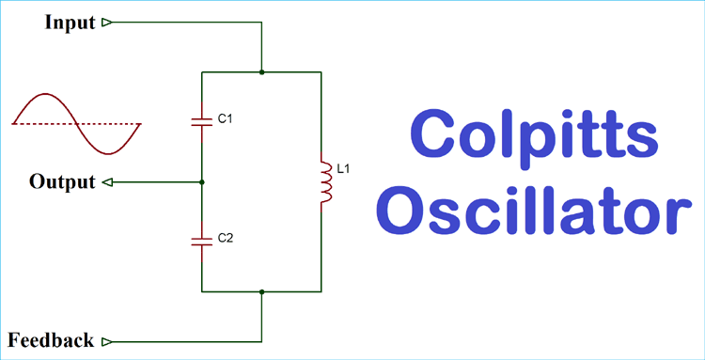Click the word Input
click(70, 22)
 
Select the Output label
click(62, 181)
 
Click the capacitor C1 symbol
click(202, 119)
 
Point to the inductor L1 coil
click(325, 181)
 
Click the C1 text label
click(225, 119)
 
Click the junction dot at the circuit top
click(261, 71)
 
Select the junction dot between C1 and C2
click(202, 181)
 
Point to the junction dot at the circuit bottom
click(261, 291)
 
